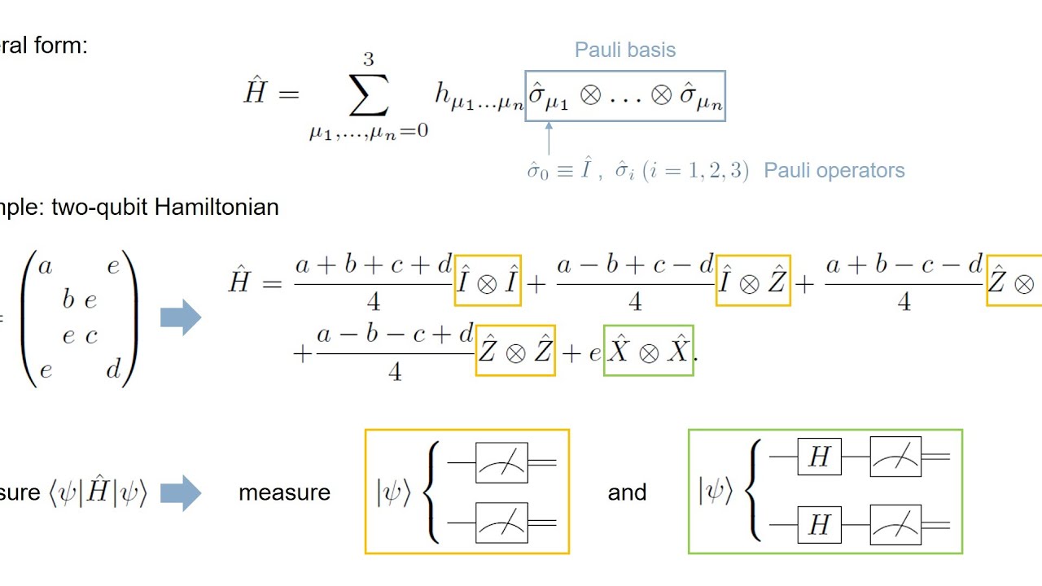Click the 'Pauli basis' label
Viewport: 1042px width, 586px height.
(x=625, y=50)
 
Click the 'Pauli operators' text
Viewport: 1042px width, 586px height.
(x=834, y=171)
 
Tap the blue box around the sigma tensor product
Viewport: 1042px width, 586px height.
(x=624, y=96)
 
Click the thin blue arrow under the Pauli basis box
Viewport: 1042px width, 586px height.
(x=548, y=138)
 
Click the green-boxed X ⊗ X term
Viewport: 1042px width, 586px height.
(x=648, y=351)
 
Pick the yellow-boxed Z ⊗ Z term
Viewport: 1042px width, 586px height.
(x=515, y=351)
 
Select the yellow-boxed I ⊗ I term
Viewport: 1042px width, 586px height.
(x=488, y=281)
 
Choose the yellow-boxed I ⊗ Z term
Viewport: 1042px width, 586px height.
(x=753, y=281)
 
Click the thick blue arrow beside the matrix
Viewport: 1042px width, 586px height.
(x=181, y=317)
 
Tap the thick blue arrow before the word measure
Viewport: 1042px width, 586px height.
(x=181, y=492)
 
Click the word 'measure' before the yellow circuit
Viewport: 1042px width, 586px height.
(x=284, y=492)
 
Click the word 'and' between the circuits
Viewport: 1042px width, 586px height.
(x=627, y=492)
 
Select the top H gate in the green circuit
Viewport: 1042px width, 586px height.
(x=819, y=457)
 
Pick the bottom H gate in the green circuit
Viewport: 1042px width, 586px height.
(x=819, y=526)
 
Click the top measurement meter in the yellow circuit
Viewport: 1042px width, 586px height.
(x=501, y=463)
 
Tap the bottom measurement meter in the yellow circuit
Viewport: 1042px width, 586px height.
(x=501, y=523)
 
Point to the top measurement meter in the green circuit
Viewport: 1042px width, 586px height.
(x=895, y=457)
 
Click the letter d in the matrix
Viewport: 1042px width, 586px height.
(x=113, y=370)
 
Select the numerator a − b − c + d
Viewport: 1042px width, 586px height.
(x=395, y=335)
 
